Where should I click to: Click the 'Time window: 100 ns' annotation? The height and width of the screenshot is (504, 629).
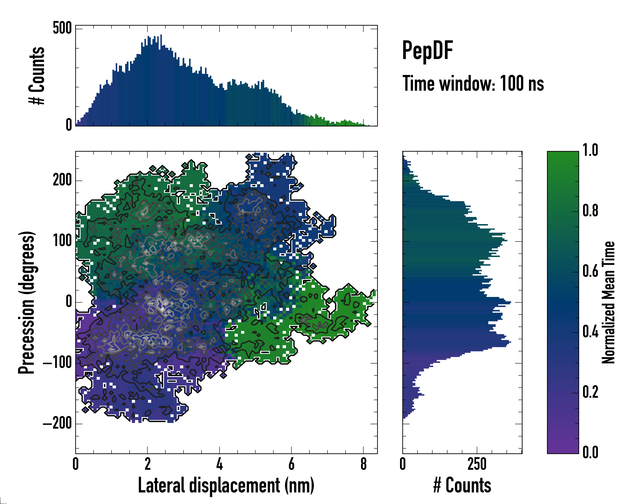(x=473, y=84)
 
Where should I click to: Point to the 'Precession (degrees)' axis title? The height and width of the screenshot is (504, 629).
(x=27, y=302)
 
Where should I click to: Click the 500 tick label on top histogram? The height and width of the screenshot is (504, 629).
(x=62, y=29)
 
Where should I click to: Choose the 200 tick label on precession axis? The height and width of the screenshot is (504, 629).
(x=62, y=180)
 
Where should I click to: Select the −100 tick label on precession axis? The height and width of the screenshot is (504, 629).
(x=57, y=363)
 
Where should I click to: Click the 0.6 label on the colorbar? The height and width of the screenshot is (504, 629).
(x=590, y=271)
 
